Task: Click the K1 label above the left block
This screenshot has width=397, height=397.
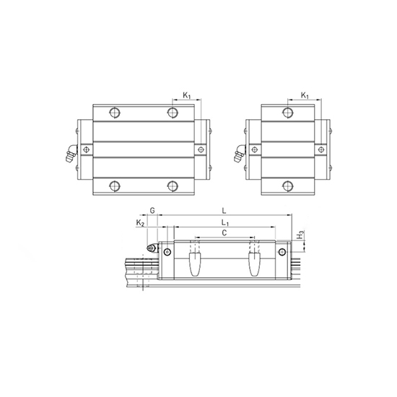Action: (186, 95)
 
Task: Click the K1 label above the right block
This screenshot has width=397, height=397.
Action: (305, 95)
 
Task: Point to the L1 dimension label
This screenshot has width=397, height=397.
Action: (224, 223)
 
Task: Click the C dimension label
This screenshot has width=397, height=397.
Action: (224, 234)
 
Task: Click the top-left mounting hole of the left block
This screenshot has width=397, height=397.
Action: (114, 112)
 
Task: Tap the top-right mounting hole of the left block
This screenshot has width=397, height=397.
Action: (172, 112)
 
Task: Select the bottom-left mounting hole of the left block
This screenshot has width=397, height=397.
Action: (114, 186)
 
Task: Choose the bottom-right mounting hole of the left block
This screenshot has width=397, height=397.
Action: (172, 186)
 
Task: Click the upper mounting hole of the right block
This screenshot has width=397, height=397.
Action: (288, 112)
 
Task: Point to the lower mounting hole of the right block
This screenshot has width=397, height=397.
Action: (288, 186)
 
